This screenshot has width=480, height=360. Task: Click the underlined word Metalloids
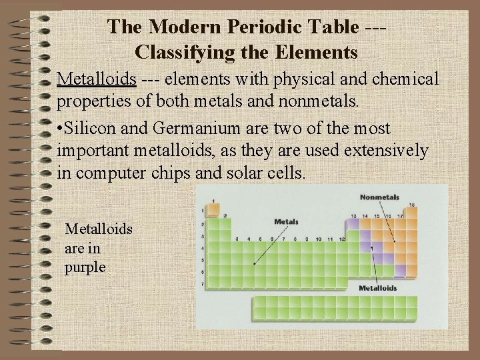(x=97, y=79)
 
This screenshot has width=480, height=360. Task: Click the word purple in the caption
(x=85, y=267)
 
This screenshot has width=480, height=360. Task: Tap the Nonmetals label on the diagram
(x=379, y=197)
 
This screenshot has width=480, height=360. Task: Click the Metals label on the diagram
(x=286, y=221)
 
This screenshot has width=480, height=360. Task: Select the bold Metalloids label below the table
(x=378, y=289)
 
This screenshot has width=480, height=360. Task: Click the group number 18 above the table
(x=412, y=205)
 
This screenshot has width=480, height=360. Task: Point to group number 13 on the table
(x=354, y=216)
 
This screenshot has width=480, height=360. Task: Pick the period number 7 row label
(x=203, y=284)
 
